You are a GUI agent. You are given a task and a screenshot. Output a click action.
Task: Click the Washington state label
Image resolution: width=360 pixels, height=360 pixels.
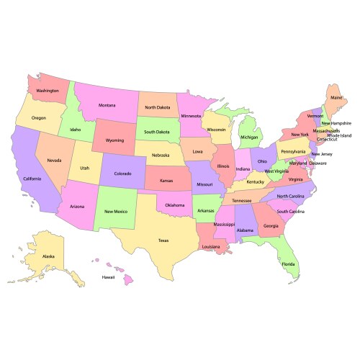coord(48,91)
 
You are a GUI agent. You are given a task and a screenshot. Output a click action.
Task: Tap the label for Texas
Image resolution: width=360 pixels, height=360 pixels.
coord(163,240)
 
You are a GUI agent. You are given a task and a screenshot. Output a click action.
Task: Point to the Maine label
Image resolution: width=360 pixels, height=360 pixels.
coord(336,96)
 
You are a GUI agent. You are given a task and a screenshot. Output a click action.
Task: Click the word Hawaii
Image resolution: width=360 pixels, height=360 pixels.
coord(108,277)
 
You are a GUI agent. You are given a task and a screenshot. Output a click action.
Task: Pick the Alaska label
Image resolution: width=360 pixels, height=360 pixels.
coord(48,256)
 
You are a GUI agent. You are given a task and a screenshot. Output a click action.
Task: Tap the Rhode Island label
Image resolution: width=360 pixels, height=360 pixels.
coord(339,135)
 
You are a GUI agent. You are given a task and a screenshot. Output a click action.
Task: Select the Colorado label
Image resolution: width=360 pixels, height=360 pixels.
coord(122,174)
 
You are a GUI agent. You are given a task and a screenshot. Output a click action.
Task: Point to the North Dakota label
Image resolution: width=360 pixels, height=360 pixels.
coord(157,107)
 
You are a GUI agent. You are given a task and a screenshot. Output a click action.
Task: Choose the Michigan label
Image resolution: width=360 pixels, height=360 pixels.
coord(250,137)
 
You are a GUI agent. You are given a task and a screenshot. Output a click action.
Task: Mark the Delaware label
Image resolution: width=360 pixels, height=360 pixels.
coord(318,163)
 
